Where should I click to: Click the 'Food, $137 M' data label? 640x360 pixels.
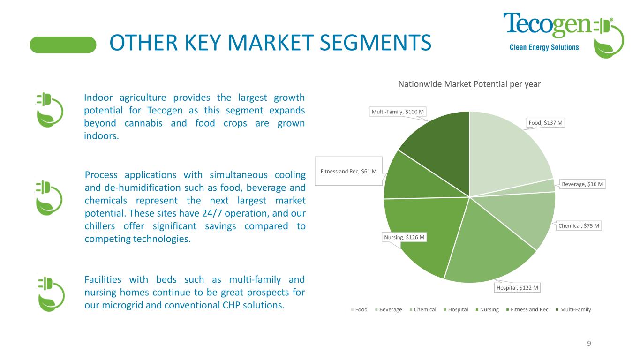545,123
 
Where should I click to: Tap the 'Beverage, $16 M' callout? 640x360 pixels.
582,184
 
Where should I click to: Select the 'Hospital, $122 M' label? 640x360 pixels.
517,288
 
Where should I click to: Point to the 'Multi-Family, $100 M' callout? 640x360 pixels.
398,112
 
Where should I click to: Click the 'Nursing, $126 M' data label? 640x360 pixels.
404,237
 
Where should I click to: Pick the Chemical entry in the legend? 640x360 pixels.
423,309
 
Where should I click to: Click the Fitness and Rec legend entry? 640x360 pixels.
527,309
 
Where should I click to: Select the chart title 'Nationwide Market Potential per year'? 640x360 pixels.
469,84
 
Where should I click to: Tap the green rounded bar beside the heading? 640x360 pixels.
63,45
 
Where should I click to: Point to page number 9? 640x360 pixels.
589,344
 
